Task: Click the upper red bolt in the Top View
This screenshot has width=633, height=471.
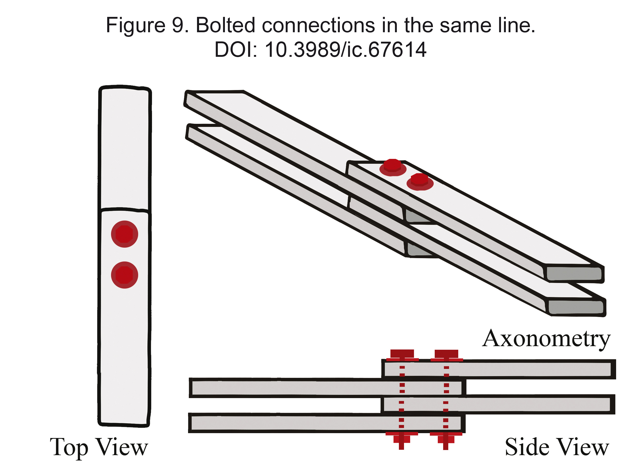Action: click(125, 234)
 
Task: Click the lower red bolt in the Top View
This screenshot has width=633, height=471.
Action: click(125, 275)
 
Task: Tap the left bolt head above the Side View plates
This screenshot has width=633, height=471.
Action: click(402, 355)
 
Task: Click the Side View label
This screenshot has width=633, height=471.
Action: click(557, 447)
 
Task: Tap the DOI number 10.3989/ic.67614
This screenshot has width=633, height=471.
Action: click(346, 50)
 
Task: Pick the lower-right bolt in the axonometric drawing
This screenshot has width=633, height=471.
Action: click(420, 182)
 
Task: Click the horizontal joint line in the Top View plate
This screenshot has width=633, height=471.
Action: click(125, 210)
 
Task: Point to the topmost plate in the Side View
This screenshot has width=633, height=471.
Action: click(499, 369)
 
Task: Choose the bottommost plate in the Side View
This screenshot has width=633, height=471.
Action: click(327, 423)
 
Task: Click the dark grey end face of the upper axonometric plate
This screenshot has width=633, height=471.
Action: click(574, 274)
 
